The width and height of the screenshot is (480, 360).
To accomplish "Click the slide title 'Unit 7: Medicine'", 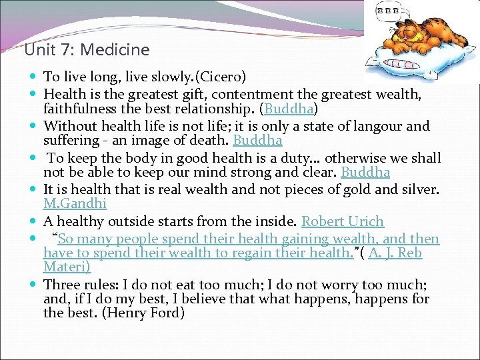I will (x=87, y=49).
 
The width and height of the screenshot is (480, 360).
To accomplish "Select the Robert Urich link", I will (x=343, y=221).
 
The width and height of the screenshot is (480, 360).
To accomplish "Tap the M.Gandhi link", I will (x=75, y=204).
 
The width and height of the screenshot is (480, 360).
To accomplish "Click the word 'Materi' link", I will (x=65, y=267).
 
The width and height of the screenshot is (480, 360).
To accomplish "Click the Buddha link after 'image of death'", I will (x=257, y=141).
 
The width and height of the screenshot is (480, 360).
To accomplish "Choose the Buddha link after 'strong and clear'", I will (x=365, y=173).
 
